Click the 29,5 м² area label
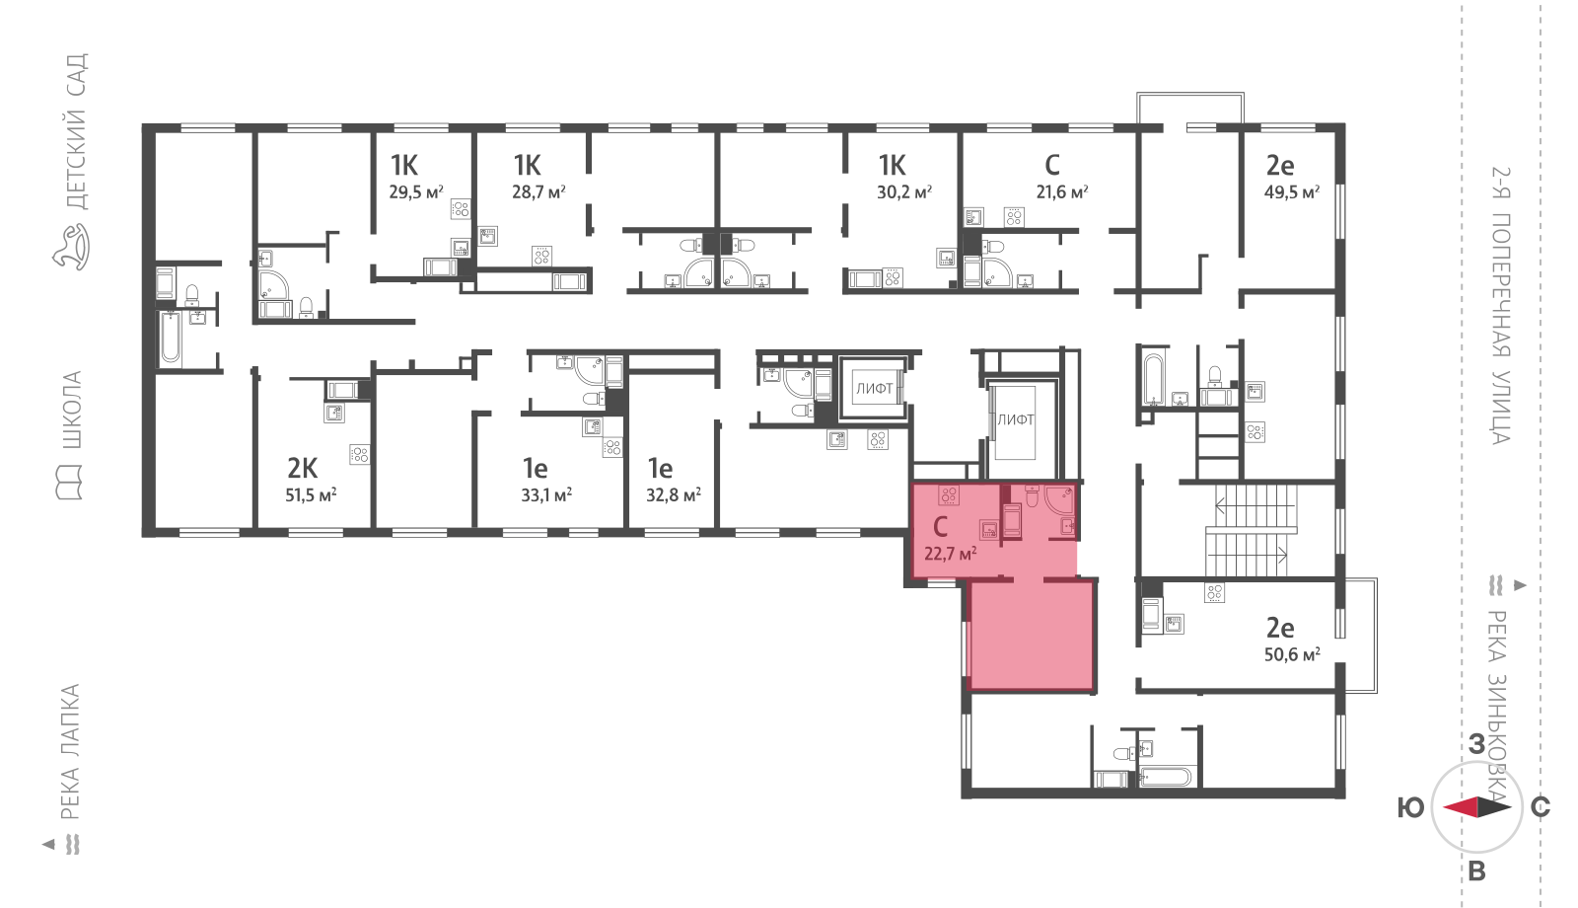(x=415, y=191)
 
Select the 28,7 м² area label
(x=538, y=191)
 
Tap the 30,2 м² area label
(x=904, y=191)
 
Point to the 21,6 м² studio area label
(x=1061, y=191)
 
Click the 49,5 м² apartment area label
(x=1292, y=191)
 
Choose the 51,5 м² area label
(x=311, y=494)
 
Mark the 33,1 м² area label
(x=546, y=494)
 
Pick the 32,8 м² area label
(x=674, y=494)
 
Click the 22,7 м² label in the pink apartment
(x=951, y=554)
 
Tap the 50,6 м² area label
(x=1292, y=655)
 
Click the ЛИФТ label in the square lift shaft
(x=874, y=389)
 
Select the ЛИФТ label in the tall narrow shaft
(x=1015, y=420)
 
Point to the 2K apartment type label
(x=302, y=468)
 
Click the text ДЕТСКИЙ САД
(x=76, y=132)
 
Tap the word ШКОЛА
(x=72, y=411)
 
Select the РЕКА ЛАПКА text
(x=70, y=752)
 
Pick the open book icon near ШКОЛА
(x=70, y=483)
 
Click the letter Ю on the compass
(x=1410, y=808)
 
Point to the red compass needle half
(x=1461, y=808)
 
